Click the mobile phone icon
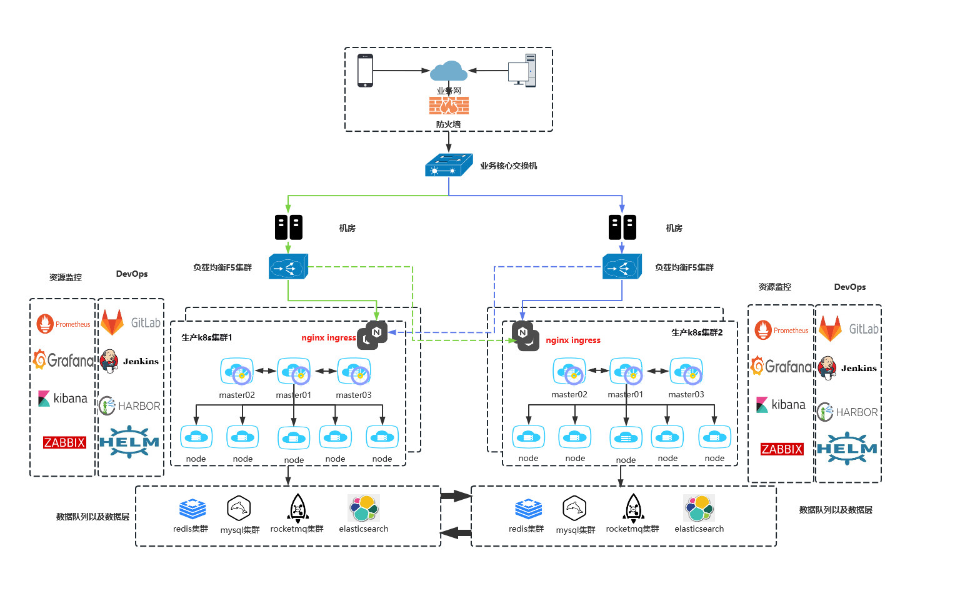365,71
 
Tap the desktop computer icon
522,70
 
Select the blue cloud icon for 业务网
449,71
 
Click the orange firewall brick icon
449,105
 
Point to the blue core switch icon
448,166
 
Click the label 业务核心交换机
508,166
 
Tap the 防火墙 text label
448,124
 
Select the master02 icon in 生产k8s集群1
237,372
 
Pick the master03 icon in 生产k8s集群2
686,372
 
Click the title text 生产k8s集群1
207,337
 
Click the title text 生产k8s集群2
697,332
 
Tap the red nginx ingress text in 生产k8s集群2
572,340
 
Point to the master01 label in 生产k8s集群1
294,395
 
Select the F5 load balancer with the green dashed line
288,267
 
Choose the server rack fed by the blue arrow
622,227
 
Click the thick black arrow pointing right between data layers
456,496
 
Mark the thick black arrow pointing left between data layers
456,533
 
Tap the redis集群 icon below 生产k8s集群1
192,509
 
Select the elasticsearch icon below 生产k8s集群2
699,509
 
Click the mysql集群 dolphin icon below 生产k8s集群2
574,509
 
